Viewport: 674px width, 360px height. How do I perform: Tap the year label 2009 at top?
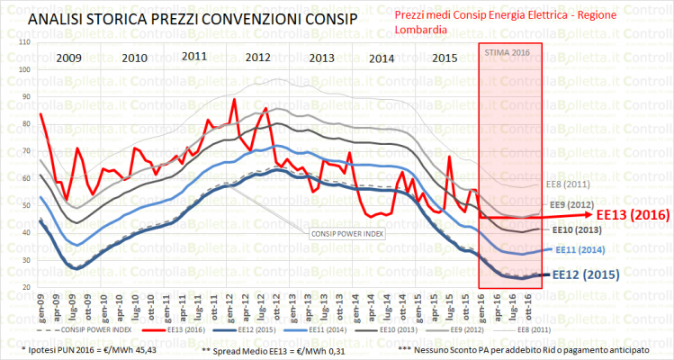pyautogui.click(x=75, y=58)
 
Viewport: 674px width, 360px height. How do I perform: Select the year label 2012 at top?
pyautogui.click(x=258, y=58)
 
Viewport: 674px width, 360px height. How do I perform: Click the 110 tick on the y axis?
pyautogui.click(x=23, y=42)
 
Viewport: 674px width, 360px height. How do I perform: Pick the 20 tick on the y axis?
pyautogui.click(x=23, y=287)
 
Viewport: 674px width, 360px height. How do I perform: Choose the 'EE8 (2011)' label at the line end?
pyautogui.click(x=568, y=184)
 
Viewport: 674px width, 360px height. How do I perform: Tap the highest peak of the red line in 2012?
pyautogui.click(x=234, y=99)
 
